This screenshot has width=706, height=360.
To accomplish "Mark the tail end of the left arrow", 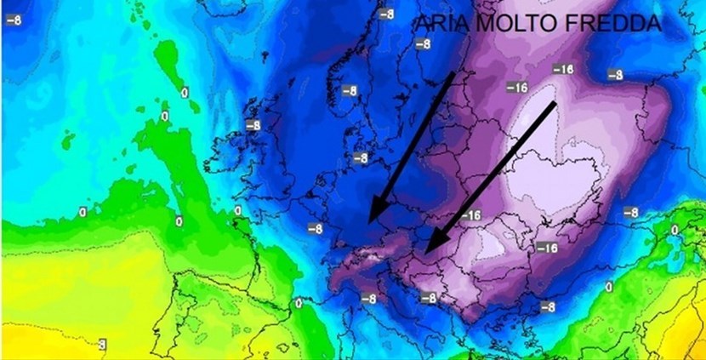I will [x=451, y=75].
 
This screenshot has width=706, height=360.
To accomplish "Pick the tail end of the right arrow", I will [x=555, y=103].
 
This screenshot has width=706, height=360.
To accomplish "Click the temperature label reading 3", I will [x=102, y=344].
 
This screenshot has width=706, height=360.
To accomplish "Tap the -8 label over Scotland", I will [x=252, y=125].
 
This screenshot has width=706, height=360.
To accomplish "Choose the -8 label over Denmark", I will [x=362, y=157].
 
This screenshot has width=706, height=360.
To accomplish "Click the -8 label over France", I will [x=316, y=228].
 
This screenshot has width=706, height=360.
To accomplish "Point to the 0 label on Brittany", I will [x=237, y=210].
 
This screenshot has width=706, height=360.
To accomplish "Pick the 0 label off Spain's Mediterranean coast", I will [x=299, y=302].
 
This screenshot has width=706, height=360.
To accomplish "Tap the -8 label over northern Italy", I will [x=368, y=298].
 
